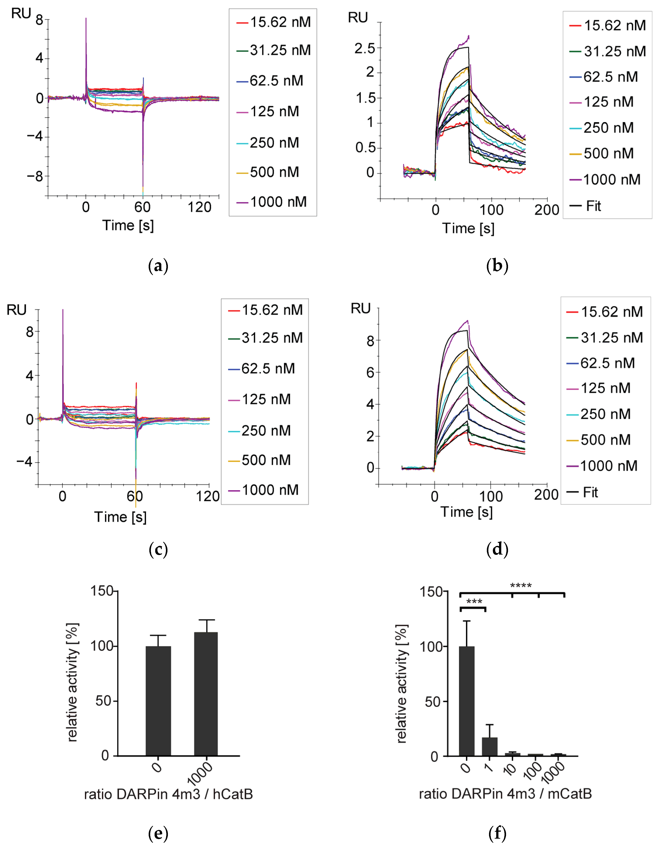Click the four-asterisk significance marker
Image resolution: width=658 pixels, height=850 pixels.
(521, 586)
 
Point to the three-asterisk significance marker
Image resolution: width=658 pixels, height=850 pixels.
(474, 602)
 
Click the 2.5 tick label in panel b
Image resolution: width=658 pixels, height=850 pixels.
(365, 49)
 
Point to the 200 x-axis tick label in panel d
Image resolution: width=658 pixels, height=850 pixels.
(546, 495)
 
